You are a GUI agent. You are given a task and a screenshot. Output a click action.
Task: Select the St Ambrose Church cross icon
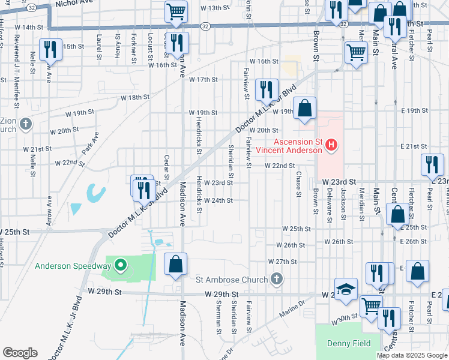click(276, 279)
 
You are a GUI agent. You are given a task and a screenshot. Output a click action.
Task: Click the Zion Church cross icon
click(25, 124)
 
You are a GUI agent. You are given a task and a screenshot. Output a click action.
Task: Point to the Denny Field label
click(342, 343)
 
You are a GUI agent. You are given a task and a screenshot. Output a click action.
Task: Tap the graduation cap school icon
click(346, 291)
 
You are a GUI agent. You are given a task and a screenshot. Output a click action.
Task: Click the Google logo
click(19, 353)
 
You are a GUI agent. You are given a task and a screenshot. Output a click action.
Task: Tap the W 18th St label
click(134, 97)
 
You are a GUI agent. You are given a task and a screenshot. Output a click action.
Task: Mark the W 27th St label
click(283, 262)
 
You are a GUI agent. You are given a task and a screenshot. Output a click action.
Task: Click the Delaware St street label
click(329, 205)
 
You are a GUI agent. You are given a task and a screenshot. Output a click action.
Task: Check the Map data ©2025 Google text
click(411, 355)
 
